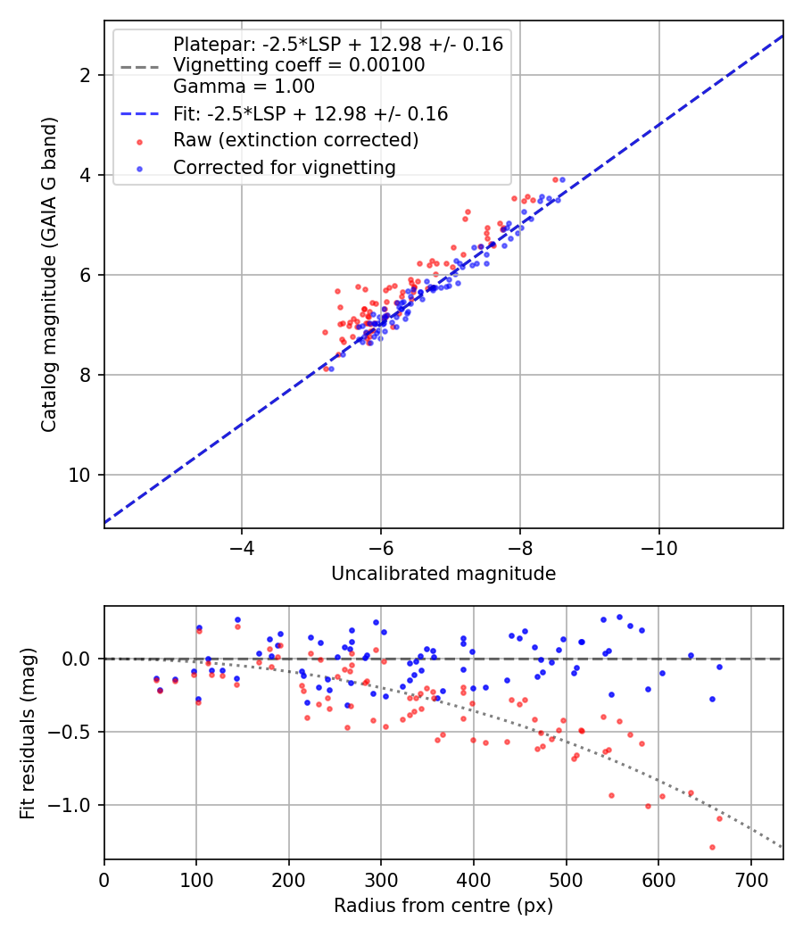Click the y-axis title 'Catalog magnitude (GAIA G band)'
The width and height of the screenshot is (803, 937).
point(49,274)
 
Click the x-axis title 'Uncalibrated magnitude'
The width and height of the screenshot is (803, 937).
point(443,574)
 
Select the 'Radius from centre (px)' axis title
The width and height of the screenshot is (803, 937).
point(443,906)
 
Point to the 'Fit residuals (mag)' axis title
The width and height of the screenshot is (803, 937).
point(28,733)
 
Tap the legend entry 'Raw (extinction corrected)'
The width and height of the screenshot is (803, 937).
point(295,140)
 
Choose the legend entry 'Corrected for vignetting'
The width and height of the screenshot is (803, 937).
point(285,168)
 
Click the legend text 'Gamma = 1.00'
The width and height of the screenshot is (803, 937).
point(244,86)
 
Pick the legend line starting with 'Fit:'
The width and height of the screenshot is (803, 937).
point(310,113)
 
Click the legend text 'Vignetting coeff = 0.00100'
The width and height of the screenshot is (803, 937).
point(299,64)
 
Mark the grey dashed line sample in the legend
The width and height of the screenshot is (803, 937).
point(140,67)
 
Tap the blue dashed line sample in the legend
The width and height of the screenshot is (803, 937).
point(140,113)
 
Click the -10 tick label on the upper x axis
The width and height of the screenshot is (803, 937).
point(658,548)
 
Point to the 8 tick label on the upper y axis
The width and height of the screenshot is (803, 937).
point(84,376)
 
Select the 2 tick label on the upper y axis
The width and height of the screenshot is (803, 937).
point(84,75)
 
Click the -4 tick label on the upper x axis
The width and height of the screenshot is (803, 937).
point(242,548)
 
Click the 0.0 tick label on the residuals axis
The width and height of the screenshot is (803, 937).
point(76,659)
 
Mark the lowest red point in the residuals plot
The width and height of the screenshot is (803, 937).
point(712,848)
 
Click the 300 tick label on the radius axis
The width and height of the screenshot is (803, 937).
point(381,880)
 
